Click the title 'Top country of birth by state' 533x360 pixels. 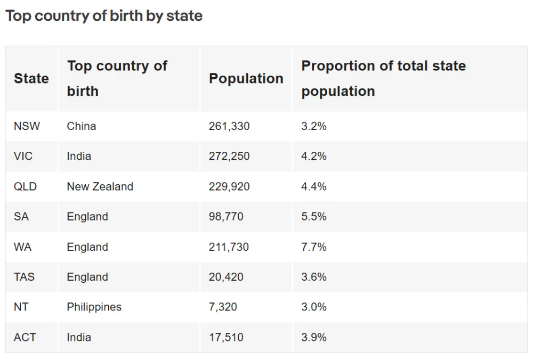click(104, 16)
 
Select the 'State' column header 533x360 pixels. click(31, 79)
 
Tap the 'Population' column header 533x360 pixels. click(246, 79)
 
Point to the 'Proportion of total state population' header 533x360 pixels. click(383, 79)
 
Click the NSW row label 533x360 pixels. click(27, 126)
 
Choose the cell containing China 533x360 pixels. click(82, 126)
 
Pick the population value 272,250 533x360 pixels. click(229, 157)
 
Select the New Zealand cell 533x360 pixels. click(100, 187)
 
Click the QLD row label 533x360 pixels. click(26, 187)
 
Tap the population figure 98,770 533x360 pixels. click(226, 217)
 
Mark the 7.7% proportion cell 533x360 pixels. click(314, 247)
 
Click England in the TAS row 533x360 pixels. click(87, 277)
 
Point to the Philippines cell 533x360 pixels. click(94, 307)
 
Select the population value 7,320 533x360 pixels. click(223, 307)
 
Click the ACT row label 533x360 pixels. click(26, 338)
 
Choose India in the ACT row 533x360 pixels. click(79, 338)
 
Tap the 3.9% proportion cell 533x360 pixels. click(314, 338)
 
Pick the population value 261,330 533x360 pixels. click(229, 126)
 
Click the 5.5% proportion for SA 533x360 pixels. click(314, 217)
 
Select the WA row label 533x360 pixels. click(23, 247)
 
